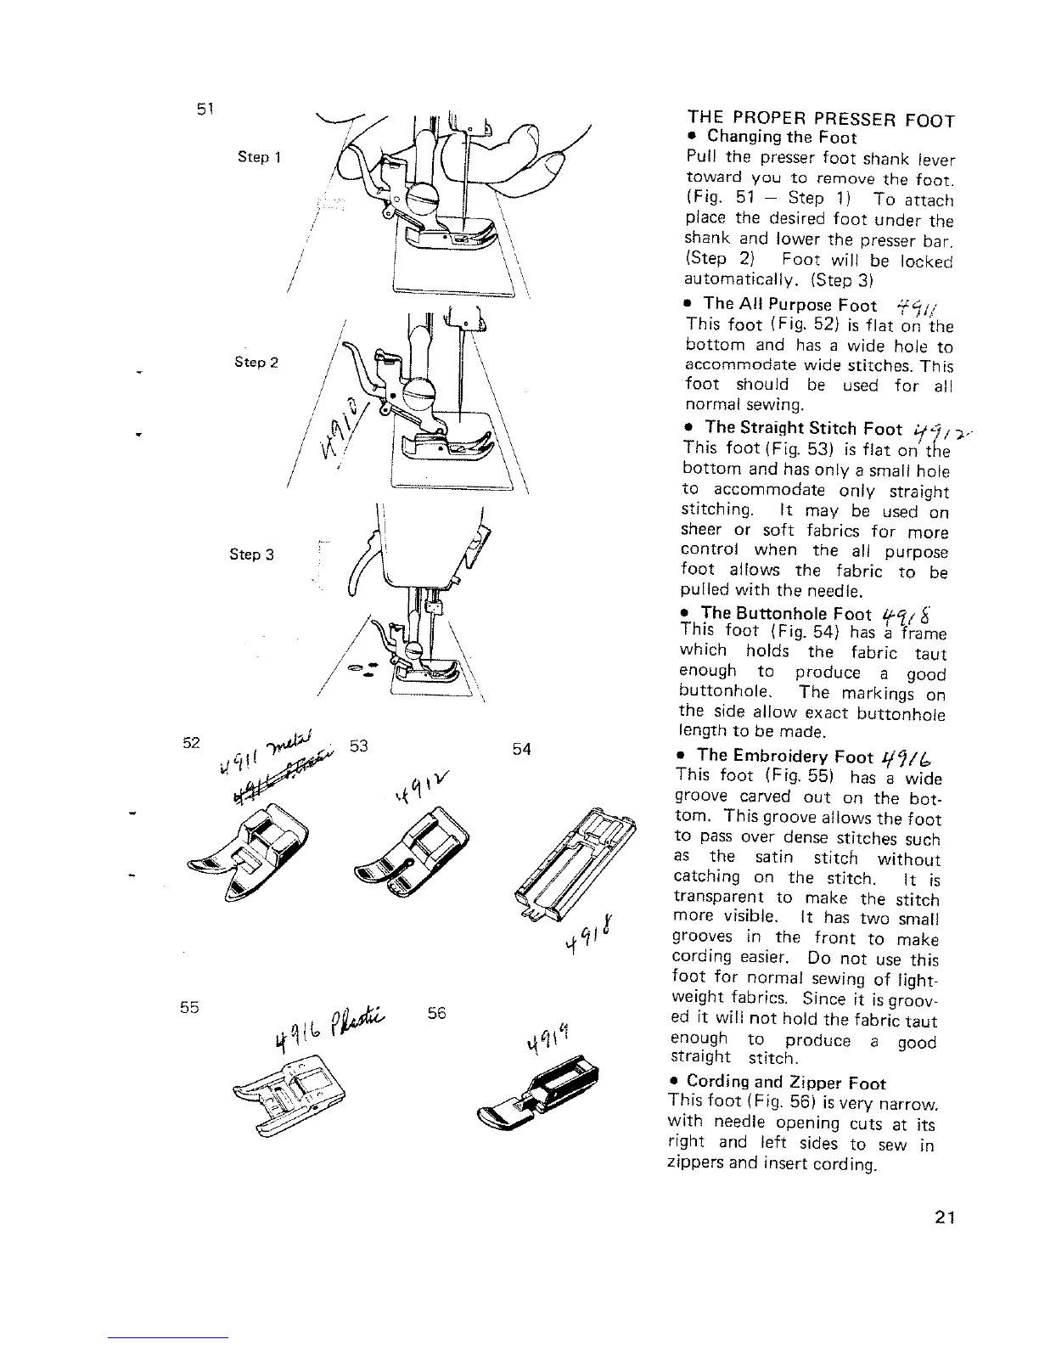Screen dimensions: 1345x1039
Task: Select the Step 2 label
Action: coord(257,363)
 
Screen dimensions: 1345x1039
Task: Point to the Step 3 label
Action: coord(251,554)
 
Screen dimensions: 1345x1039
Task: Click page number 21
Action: coord(944,1217)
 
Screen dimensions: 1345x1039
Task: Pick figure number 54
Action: coord(521,748)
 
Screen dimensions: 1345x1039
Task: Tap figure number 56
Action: coord(438,1014)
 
